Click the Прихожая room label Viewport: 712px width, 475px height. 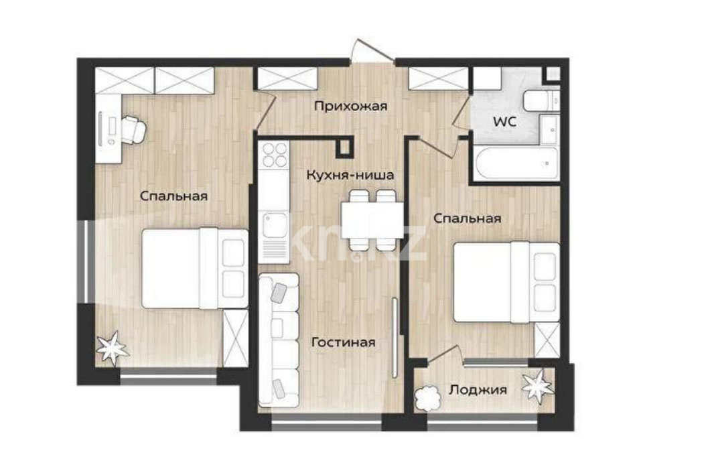tap(350, 107)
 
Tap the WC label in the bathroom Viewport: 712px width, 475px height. tap(505, 122)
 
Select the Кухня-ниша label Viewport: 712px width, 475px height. tap(350, 175)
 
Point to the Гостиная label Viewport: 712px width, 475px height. tap(344, 342)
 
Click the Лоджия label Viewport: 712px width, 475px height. tap(478, 390)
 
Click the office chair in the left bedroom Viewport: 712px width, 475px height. tap(133, 129)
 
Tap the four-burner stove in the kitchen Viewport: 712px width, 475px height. tap(275, 154)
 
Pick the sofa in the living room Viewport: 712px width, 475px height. tap(279, 340)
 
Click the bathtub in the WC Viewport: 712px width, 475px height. tap(516, 163)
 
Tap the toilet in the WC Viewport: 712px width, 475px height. tap(541, 100)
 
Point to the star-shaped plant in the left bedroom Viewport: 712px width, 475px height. tap(111, 348)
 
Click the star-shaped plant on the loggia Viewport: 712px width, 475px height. tap(538, 387)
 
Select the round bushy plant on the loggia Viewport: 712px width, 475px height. tap(428, 399)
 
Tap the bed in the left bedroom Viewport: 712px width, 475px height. tap(195, 269)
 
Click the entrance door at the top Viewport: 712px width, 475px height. tap(372, 50)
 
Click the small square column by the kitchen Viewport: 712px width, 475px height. tap(345, 147)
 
